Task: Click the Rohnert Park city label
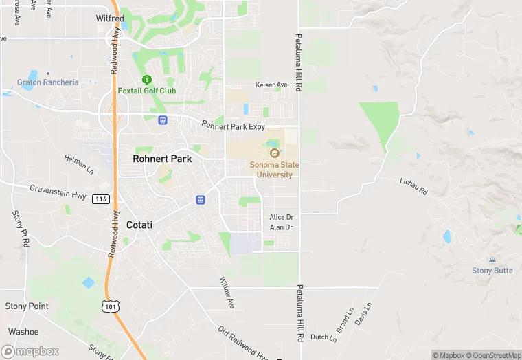click(x=162, y=159)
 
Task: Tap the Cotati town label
click(x=139, y=225)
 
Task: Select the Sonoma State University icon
click(x=275, y=153)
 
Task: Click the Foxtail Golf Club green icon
click(x=146, y=80)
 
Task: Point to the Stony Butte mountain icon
click(x=492, y=260)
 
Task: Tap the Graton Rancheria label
click(x=48, y=82)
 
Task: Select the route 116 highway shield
click(x=100, y=199)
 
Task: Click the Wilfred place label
click(x=110, y=19)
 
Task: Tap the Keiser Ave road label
click(x=271, y=85)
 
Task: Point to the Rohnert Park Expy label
click(x=233, y=126)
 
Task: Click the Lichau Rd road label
click(x=413, y=186)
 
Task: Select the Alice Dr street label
click(x=281, y=217)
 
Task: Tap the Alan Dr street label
click(x=281, y=227)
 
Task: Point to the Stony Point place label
click(x=27, y=306)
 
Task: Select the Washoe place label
click(x=23, y=331)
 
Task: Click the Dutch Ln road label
click(x=324, y=337)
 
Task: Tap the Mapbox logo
click(x=30, y=351)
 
